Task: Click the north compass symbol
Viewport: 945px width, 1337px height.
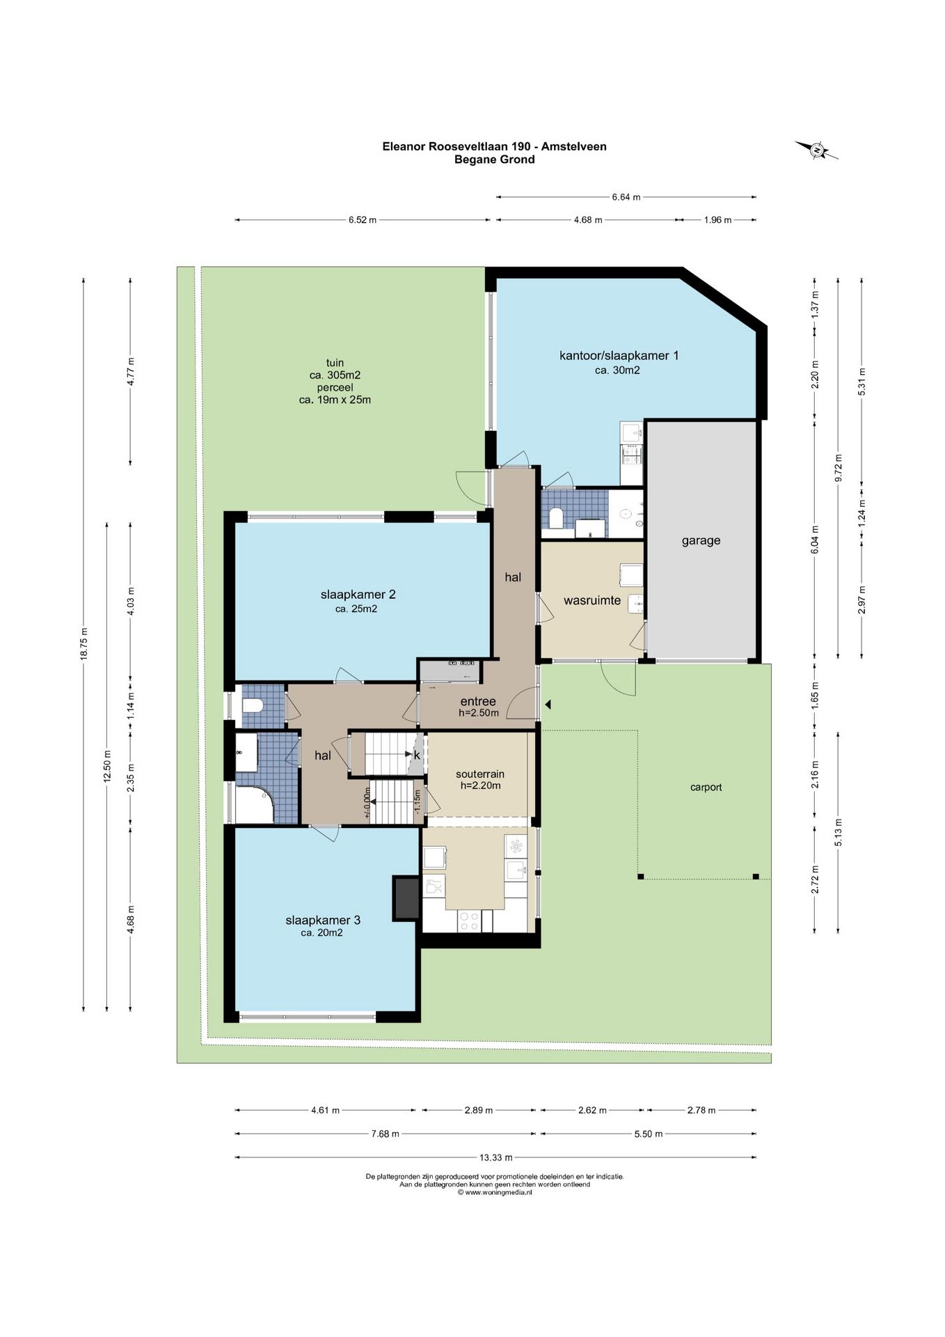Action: click(817, 150)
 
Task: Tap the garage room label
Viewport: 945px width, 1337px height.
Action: click(701, 540)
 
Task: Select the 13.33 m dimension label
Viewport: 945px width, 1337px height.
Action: click(495, 1157)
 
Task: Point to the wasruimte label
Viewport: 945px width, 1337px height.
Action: click(592, 600)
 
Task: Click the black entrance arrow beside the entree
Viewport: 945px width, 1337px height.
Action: click(548, 705)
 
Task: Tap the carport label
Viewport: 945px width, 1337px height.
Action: click(706, 788)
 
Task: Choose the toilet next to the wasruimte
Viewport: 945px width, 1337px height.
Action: click(556, 519)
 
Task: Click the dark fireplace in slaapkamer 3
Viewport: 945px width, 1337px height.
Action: click(407, 897)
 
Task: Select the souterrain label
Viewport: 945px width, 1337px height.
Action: click(480, 774)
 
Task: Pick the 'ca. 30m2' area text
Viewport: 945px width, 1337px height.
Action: click(617, 370)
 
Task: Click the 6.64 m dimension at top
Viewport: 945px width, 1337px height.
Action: click(626, 197)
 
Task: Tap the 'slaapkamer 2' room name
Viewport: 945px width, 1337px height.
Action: click(358, 594)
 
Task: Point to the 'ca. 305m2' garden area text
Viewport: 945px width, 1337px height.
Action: click(335, 375)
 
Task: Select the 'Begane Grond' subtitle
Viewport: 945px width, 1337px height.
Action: click(495, 159)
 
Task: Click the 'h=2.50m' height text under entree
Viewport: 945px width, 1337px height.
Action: click(479, 713)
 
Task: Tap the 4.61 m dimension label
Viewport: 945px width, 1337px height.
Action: click(326, 1110)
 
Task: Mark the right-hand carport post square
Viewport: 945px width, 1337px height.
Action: click(756, 877)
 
